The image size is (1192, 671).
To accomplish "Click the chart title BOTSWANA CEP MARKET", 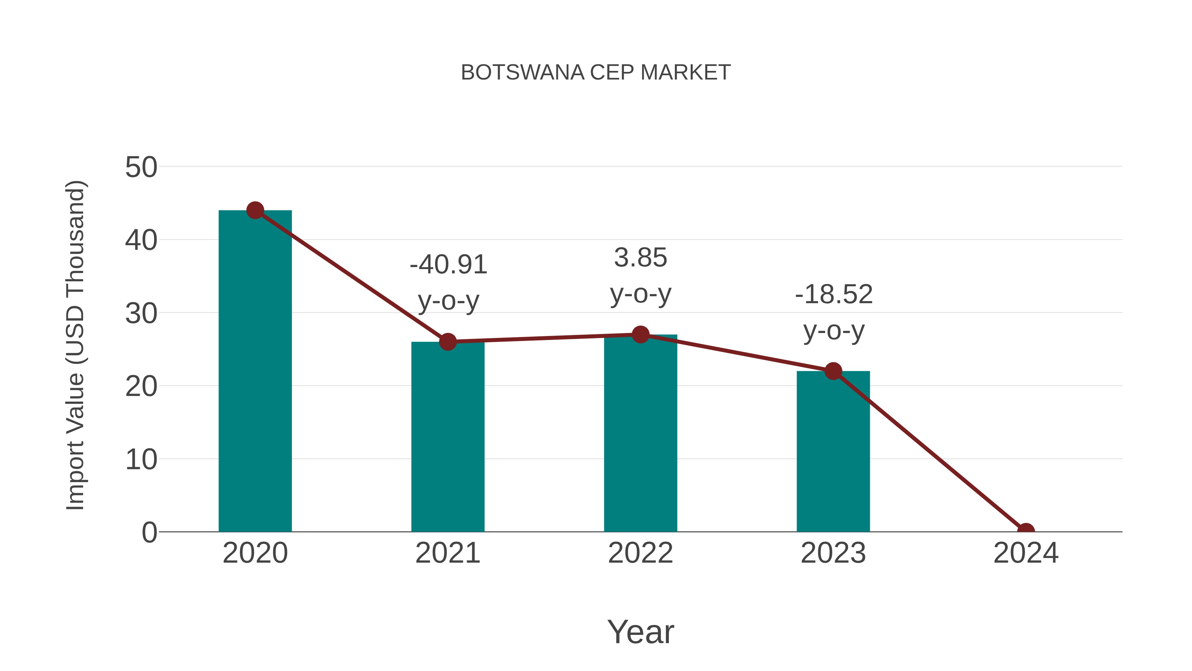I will [x=596, y=73].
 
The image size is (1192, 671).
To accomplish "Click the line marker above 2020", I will [x=255, y=210].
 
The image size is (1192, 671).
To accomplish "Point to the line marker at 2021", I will [x=447, y=342].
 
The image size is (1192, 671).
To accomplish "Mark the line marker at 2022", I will [x=640, y=334].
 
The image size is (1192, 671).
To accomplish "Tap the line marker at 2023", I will [x=833, y=371].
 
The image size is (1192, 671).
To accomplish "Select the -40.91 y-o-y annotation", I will [x=448, y=282].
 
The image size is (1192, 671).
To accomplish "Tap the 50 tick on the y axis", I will [x=141, y=167].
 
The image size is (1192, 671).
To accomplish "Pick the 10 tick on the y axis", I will [x=141, y=460].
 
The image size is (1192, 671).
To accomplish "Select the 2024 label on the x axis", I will [x=1025, y=553].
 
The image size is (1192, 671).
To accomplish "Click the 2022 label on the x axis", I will [x=640, y=553].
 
